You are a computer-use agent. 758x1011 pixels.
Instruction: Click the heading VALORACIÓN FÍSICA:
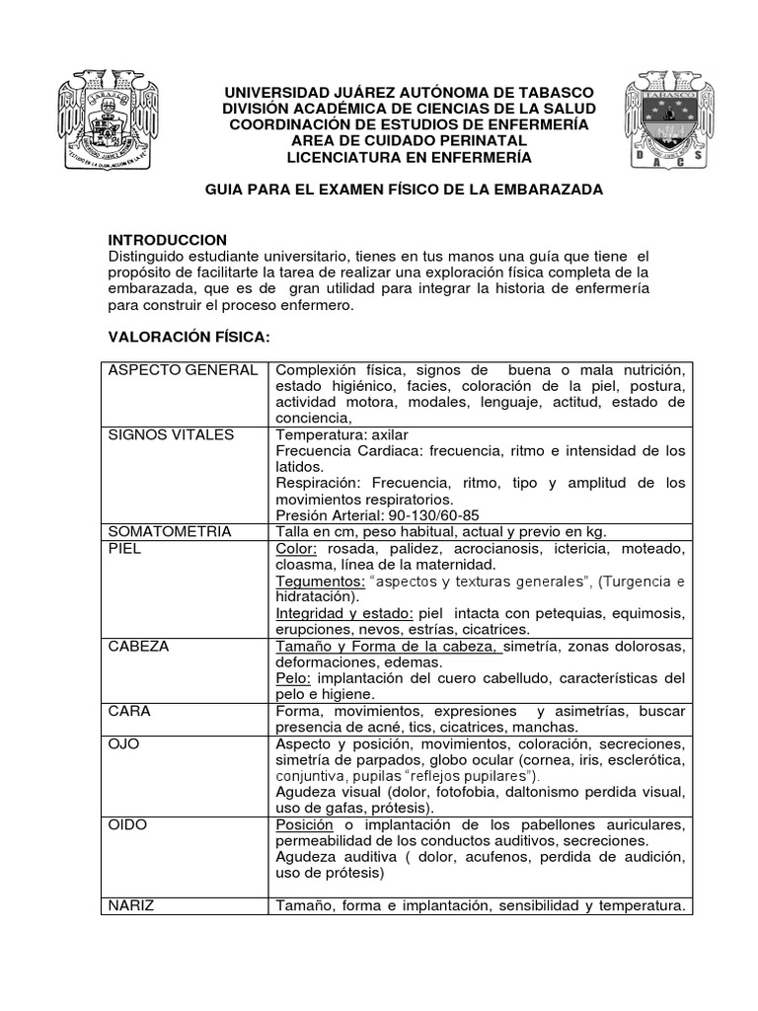pyautogui.click(x=188, y=338)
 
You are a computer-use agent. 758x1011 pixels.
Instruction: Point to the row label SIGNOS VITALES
pyautogui.click(x=170, y=434)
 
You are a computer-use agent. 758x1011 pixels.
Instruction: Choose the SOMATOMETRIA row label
pyautogui.click(x=169, y=531)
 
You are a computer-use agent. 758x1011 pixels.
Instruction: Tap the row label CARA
pyautogui.click(x=129, y=710)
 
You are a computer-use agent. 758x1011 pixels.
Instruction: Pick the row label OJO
pyautogui.click(x=123, y=742)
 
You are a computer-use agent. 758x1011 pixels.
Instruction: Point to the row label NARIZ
pyautogui.click(x=132, y=904)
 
